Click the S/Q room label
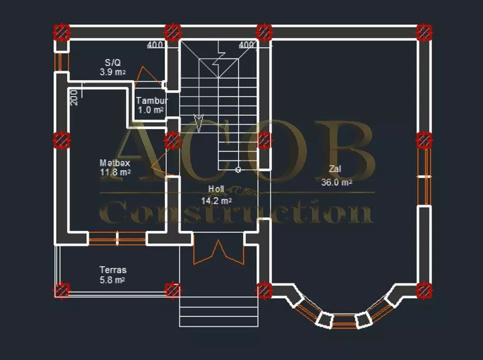pos(113,62)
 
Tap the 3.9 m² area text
pos(113,72)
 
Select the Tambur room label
pos(152,100)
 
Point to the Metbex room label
pos(114,163)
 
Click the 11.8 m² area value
pos(115,172)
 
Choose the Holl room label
pos(216,189)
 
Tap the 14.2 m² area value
pos(216,201)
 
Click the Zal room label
pos(335,169)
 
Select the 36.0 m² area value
pos(336,182)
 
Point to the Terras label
pos(113,270)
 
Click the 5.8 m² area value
pos(112,280)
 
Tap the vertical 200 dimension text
pos(74,98)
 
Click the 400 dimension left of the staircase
pos(155,45)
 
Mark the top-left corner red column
pos(62,32)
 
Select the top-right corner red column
pos(424,32)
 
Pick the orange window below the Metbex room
pos(117,239)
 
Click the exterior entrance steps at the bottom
pos(219,312)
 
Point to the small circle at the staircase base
pos(238,170)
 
